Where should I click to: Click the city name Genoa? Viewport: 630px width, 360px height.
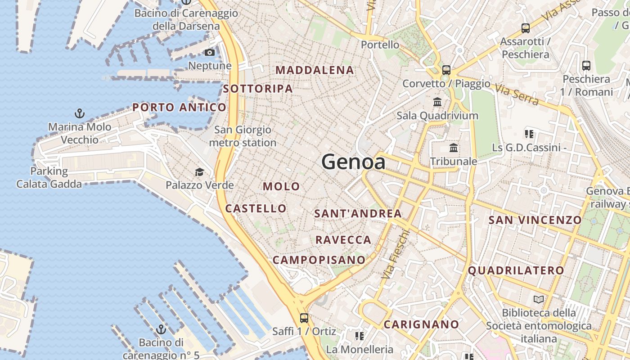[x=353, y=162]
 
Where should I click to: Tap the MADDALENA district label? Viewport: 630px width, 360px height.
[x=315, y=70]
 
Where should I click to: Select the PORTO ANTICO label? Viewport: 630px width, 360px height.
[x=179, y=108]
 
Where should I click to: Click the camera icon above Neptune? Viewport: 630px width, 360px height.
[x=209, y=53]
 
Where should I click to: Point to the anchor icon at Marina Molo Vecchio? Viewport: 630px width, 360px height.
[x=80, y=113]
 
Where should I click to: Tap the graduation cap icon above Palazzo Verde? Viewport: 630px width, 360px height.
[x=199, y=172]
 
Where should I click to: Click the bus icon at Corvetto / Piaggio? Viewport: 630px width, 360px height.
[x=446, y=70]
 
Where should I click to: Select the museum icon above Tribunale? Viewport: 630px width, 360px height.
[x=454, y=148]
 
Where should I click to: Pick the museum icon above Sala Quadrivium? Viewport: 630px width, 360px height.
[x=437, y=102]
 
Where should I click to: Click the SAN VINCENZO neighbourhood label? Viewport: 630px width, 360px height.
[x=535, y=220]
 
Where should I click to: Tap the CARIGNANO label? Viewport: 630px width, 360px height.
[x=421, y=324]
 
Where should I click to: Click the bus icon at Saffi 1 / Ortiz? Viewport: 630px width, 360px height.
[x=304, y=318]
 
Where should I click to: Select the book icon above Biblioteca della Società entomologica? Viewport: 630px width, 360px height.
[x=538, y=299]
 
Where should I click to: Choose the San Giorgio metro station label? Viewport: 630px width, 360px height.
[x=243, y=136]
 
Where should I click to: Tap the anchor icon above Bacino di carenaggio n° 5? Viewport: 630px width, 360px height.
[x=161, y=329]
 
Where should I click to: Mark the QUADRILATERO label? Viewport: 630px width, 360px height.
[x=516, y=270]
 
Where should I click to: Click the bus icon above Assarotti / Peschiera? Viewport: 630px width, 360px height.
[x=525, y=28]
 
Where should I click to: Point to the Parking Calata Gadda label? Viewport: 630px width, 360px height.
[x=49, y=177]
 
